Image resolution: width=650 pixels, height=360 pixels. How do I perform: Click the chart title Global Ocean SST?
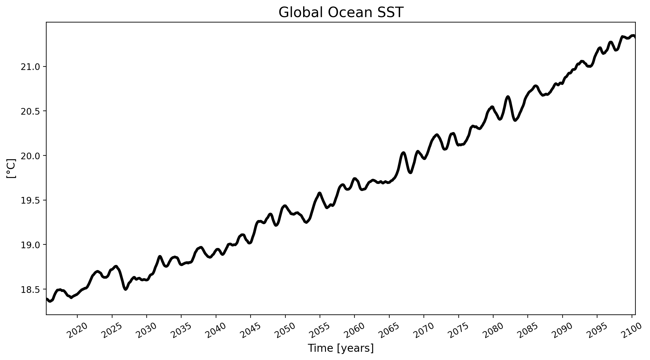coord(341,13)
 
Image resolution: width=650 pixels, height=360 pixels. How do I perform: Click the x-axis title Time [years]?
coord(341,348)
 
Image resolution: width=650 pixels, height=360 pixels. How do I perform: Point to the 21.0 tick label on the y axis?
coord(30,67)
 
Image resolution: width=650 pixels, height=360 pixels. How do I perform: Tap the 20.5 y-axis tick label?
coord(30,111)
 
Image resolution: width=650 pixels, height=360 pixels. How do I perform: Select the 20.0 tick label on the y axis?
coord(30,156)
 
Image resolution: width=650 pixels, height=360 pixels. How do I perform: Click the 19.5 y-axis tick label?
coord(30,200)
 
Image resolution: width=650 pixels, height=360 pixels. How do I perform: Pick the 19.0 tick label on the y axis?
coord(30,245)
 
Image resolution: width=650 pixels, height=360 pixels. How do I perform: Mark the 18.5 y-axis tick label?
coord(30,289)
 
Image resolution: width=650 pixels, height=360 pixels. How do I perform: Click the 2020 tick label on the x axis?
coord(78,331)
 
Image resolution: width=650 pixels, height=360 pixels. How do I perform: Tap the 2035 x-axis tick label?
coord(182,331)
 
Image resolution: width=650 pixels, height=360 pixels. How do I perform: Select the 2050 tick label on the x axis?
coord(285,331)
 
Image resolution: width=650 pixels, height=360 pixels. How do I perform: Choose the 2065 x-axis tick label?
coord(389,331)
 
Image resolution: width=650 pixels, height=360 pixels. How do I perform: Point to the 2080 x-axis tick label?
coord(493,331)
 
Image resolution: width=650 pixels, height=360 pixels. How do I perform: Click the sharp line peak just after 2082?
coord(508,97)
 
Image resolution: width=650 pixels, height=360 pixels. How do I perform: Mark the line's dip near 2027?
coord(125,289)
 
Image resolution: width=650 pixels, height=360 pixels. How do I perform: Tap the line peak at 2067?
coord(403,153)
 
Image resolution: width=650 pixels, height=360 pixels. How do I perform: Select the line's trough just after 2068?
coord(410,173)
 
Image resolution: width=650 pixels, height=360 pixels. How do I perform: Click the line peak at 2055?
coord(320,193)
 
